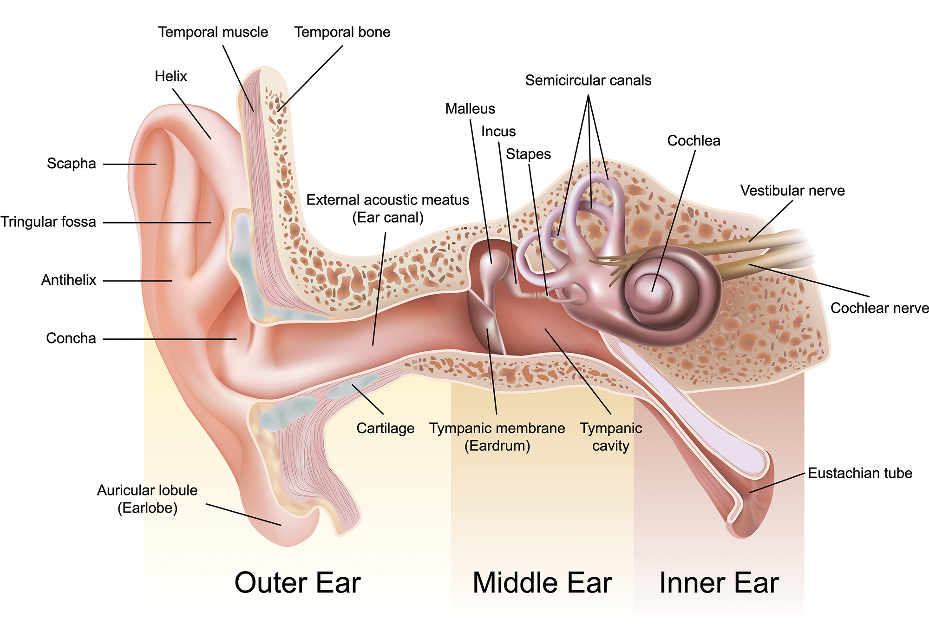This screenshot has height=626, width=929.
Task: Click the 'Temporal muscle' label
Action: (213, 32)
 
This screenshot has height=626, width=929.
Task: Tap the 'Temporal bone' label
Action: (342, 32)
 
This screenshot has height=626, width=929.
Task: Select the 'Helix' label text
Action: (170, 76)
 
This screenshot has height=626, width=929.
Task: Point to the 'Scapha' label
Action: (71, 164)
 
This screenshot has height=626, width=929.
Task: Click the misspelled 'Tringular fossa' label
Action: (48, 222)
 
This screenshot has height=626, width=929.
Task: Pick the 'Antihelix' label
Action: (69, 280)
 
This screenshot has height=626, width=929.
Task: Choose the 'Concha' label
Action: (71, 338)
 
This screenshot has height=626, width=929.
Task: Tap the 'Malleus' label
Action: (470, 109)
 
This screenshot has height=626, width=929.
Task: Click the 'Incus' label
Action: (498, 132)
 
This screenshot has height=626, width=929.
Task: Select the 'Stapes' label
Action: (528, 154)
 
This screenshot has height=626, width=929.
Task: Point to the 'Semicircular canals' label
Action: (588, 80)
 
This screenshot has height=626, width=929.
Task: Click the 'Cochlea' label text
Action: (693, 141)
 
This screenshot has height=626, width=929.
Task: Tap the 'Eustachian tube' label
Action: (860, 473)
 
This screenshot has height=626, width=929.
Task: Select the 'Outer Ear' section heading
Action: (297, 583)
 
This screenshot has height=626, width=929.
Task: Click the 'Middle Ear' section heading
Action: (542, 583)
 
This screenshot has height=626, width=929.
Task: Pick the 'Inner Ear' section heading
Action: (719, 583)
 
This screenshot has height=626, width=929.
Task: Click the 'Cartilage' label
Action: (385, 428)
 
